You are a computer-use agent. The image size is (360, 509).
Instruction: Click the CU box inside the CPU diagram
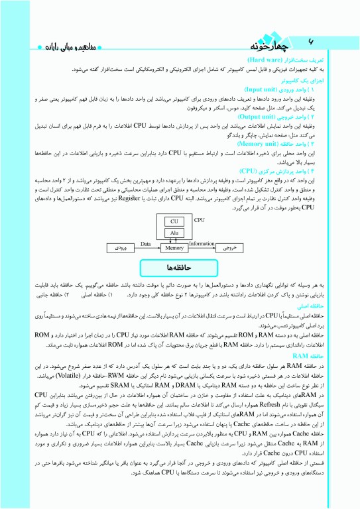(x=174, y=221)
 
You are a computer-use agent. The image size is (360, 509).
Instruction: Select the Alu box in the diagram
(x=174, y=233)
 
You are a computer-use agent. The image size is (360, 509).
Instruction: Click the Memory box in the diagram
(x=174, y=249)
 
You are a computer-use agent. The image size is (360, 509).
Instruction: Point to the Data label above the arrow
(x=147, y=244)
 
